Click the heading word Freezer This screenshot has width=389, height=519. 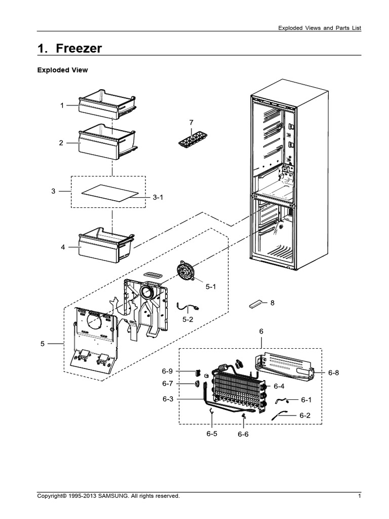[x=78, y=48]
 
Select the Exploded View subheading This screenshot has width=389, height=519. [x=62, y=70]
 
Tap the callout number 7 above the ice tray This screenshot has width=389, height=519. [x=191, y=123]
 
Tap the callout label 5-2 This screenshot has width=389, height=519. [x=188, y=320]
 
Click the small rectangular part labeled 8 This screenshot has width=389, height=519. [x=257, y=304]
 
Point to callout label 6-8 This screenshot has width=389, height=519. [x=333, y=373]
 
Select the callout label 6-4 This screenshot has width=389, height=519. [x=279, y=386]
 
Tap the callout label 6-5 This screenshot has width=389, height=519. [x=212, y=434]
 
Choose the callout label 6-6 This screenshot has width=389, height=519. [x=243, y=434]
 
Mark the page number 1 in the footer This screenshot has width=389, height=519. [x=359, y=496]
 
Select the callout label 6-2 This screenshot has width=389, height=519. [x=304, y=415]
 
